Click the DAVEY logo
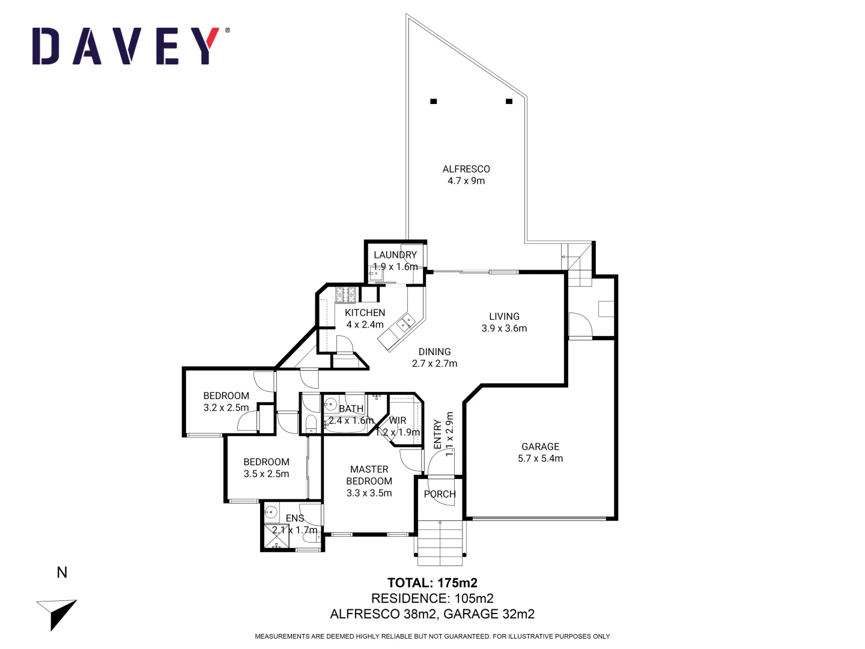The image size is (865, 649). click(x=130, y=46)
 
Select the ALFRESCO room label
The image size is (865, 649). click(x=466, y=169)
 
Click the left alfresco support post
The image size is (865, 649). click(x=433, y=102)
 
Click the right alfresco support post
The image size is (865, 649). click(x=509, y=102)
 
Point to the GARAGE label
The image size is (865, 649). click(x=540, y=446)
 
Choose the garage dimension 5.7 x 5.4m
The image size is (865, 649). click(x=540, y=459)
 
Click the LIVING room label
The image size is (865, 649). click(x=504, y=317)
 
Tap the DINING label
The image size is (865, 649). click(x=434, y=352)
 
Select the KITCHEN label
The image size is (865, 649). click(x=365, y=312)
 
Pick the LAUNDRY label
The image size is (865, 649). click(x=395, y=255)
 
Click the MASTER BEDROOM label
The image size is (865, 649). click(x=369, y=475)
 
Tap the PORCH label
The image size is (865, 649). click(x=440, y=494)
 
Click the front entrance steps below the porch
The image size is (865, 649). click(x=440, y=543)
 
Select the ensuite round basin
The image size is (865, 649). click(x=271, y=513)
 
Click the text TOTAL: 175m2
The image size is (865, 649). click(x=432, y=583)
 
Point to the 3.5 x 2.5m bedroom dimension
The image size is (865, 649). click(x=266, y=474)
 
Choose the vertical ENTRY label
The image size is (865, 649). click(x=437, y=434)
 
